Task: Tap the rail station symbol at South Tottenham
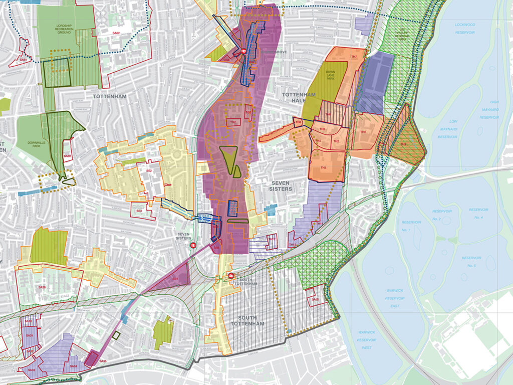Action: (x=231, y=275)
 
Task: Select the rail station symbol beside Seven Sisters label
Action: (x=191, y=245)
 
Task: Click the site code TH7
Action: (x=354, y=57)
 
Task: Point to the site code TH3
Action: (x=324, y=167)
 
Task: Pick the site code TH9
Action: (x=403, y=145)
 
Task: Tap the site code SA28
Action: (x=42, y=287)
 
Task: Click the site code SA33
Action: (x=32, y=370)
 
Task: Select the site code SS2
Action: (x=149, y=171)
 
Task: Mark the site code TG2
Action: (x=232, y=122)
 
